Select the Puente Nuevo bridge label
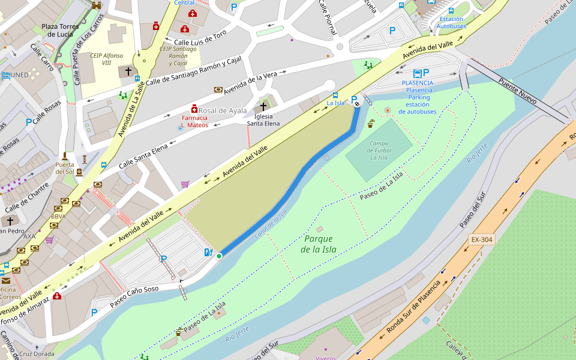pos(517,89)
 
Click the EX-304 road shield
pos(481,240)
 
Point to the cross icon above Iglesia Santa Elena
pos(263,106)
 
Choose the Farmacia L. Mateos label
pos(194,122)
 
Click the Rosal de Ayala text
pos(223,110)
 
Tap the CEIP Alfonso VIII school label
pos(106,59)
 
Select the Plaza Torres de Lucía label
pos(60,30)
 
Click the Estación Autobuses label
pos(451,23)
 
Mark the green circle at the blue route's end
pos(219,256)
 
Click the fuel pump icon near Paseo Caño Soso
pos(208,252)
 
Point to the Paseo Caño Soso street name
pos(134,297)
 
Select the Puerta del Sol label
pos(65,168)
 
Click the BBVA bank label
pos(58,217)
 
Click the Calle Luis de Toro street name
pos(200,38)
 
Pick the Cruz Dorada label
pos(36,354)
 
